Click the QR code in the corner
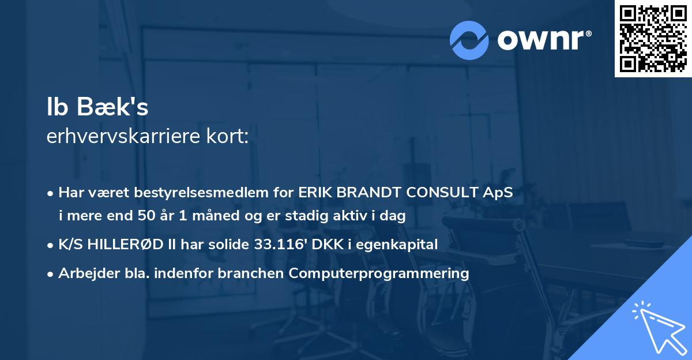(653, 38)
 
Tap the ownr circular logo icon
(469, 40)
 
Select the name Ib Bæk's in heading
(97, 108)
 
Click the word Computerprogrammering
(379, 273)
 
